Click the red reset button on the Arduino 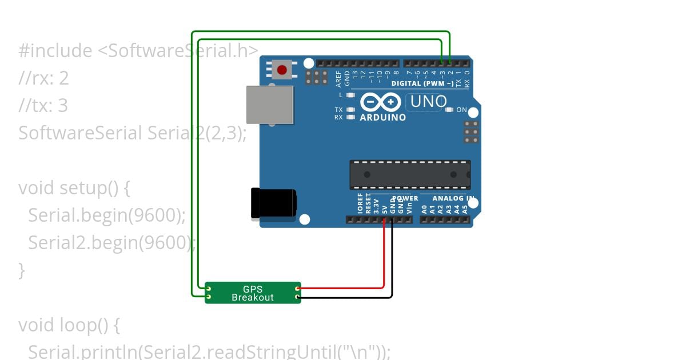(281, 70)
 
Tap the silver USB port (269, 105)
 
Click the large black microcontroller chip (410, 175)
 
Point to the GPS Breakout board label (253, 293)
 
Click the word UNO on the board (426, 102)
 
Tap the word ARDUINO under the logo (382, 117)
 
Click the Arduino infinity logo (380, 102)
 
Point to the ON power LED (449, 109)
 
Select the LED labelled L (351, 95)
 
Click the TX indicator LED (351, 109)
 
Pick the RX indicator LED (351, 117)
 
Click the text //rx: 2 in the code (43, 78)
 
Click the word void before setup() (37, 188)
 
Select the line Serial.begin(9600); (107, 215)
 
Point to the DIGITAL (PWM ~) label (422, 83)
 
